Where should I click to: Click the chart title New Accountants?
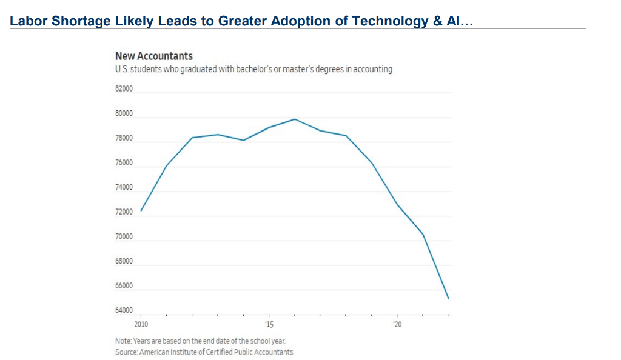tap(153, 56)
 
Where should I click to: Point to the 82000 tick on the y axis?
tap(124, 89)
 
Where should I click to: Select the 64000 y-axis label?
tap(124, 310)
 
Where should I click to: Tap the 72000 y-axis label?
tap(124, 212)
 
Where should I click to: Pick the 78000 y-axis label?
tap(124, 138)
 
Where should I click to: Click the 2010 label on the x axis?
tap(141, 325)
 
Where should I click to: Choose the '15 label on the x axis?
tap(269, 325)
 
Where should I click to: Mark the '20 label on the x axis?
tap(397, 325)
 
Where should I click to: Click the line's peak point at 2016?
tap(295, 119)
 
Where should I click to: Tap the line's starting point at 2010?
tap(141, 211)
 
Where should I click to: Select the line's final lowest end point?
tap(448, 299)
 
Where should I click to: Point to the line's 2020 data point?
tap(397, 204)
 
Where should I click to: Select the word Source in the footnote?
tap(126, 352)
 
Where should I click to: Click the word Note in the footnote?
tap(123, 341)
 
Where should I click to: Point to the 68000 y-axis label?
tap(124, 261)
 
